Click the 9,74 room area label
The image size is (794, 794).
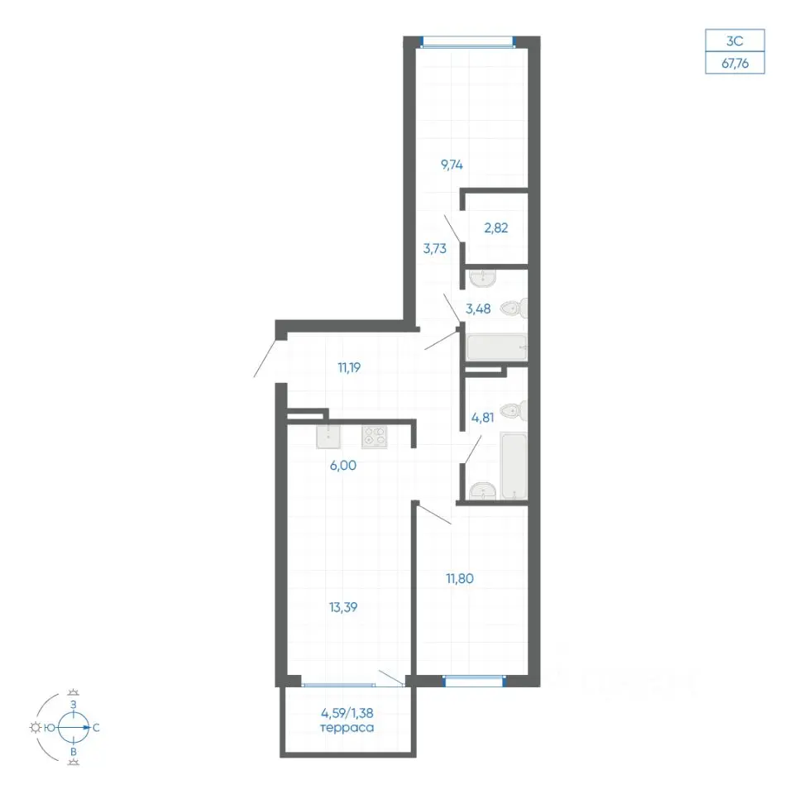point(452,165)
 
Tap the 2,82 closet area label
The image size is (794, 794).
point(495,228)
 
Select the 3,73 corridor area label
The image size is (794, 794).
point(435,249)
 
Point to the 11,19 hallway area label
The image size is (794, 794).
point(349,367)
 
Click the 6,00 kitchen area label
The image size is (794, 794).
point(342,466)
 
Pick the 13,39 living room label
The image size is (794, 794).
point(342,606)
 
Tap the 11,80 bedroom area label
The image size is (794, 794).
point(459,578)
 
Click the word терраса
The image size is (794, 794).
point(347,728)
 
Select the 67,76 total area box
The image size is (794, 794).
point(734,63)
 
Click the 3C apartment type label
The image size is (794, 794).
point(734,41)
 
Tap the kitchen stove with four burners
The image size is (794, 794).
point(374,437)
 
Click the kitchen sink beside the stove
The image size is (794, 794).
point(328,437)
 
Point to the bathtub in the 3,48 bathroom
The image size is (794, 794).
point(497,347)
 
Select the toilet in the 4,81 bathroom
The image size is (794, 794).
point(514,410)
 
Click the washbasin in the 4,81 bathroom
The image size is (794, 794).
point(482,490)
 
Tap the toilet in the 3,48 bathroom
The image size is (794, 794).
point(514,308)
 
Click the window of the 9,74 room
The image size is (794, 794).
point(468,42)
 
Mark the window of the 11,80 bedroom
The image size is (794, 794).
point(475,681)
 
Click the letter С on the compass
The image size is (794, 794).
point(96,728)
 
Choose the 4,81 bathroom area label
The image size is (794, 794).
point(482,418)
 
